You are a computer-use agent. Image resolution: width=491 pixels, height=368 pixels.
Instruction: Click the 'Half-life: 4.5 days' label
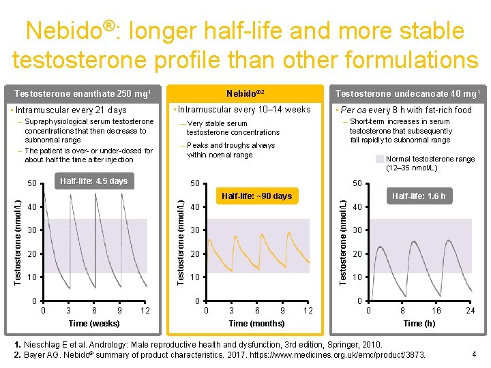[93, 181]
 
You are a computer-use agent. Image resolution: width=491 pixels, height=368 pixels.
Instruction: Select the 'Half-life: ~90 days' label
[257, 196]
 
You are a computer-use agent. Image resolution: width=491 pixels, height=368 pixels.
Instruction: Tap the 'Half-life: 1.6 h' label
[419, 196]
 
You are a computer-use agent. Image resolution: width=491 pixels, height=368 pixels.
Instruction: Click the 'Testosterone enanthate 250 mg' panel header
[82, 93]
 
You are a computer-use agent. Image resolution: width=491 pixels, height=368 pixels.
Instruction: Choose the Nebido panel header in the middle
[243, 93]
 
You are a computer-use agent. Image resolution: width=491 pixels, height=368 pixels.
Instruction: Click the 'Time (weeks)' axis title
[94, 323]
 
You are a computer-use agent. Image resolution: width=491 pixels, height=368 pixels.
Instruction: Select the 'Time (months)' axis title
[256, 323]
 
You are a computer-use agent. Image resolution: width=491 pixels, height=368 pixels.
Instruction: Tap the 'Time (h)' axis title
[419, 323]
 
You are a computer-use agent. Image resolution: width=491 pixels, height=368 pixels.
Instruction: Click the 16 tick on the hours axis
[436, 311]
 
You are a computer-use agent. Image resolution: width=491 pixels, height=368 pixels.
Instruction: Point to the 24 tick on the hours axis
[470, 311]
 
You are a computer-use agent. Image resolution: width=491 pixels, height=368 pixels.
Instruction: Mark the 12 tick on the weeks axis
[145, 311]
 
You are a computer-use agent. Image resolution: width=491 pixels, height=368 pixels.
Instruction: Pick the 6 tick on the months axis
[257, 311]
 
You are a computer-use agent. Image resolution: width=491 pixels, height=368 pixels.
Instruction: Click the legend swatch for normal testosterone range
[380, 159]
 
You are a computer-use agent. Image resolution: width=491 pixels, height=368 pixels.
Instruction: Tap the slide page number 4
[474, 353]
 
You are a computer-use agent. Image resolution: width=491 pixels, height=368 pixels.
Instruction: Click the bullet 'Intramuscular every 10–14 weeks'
[243, 110]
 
